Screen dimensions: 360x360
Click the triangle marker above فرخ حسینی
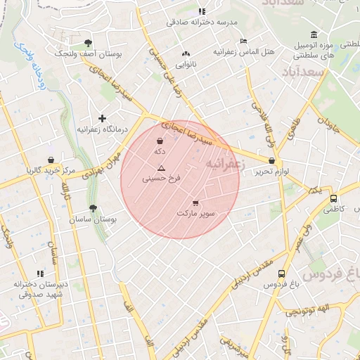(x=161, y=168)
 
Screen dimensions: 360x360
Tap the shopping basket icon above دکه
(x=160, y=141)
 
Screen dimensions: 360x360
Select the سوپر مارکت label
(x=196, y=212)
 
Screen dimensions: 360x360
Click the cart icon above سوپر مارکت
(x=195, y=202)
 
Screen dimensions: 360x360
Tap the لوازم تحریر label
(x=272, y=171)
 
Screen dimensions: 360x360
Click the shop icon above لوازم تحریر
(x=272, y=161)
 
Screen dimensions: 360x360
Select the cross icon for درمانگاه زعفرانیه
(x=102, y=118)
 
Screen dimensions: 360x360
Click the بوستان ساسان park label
(x=93, y=219)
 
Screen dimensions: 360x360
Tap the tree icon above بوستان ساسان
(x=93, y=208)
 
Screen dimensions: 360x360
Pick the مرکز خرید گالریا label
(x=51, y=171)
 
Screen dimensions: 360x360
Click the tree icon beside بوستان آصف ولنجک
(x=87, y=43)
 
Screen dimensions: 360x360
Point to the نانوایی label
(x=186, y=64)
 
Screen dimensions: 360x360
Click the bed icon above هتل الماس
(x=243, y=41)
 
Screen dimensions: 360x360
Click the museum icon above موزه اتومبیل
(x=313, y=36)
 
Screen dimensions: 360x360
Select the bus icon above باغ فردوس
(x=282, y=274)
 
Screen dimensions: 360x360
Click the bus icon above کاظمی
(x=334, y=198)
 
